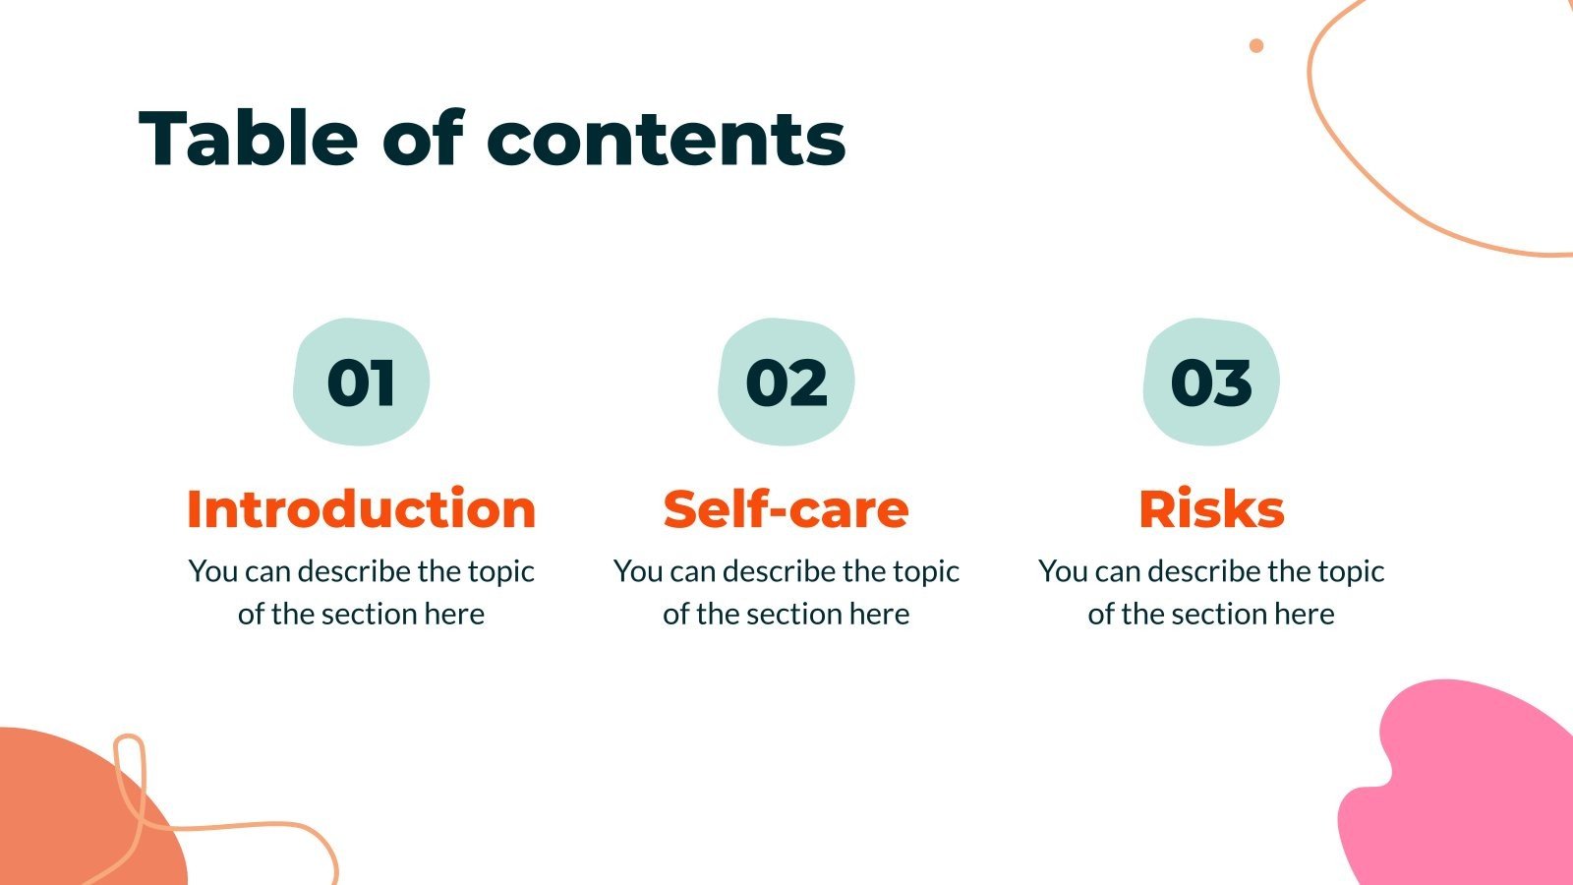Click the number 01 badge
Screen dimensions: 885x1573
click(x=361, y=382)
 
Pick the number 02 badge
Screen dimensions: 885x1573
click(x=786, y=382)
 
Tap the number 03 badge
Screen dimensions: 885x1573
click(x=1211, y=382)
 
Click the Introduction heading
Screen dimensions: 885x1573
click(x=361, y=509)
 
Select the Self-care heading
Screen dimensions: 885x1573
click(x=786, y=509)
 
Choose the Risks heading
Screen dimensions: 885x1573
click(x=1211, y=509)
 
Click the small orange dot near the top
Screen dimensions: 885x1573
click(x=1255, y=45)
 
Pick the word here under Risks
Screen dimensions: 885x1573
click(x=1305, y=615)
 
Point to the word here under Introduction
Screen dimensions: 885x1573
click(x=454, y=615)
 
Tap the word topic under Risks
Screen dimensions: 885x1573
click(x=1351, y=572)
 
